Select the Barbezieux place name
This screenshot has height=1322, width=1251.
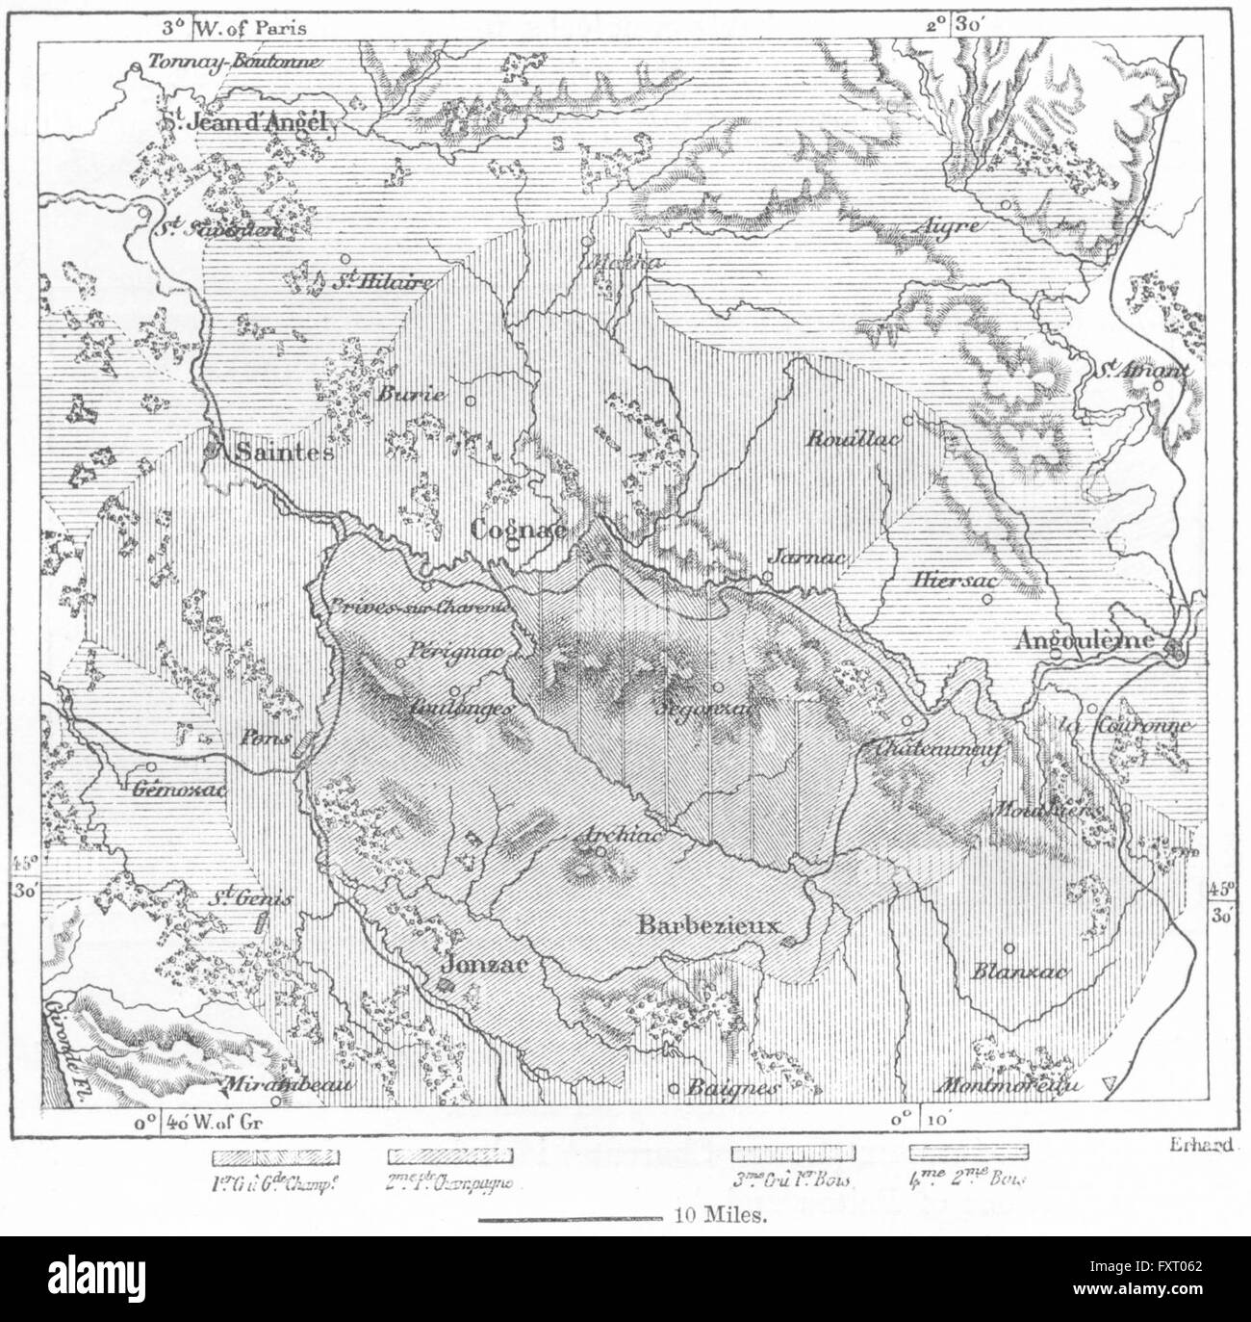(706, 923)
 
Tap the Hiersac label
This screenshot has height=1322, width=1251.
(955, 581)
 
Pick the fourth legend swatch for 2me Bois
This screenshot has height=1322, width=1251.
(969, 1151)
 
